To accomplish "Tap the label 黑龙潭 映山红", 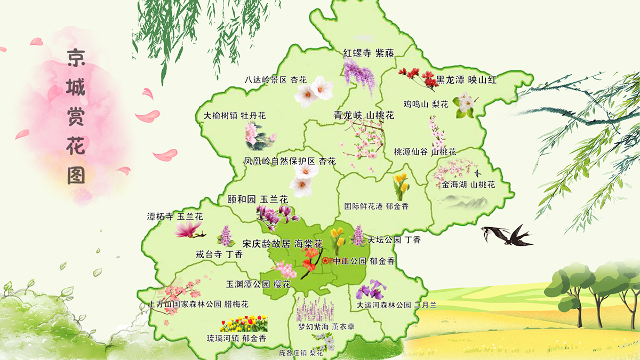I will pos(467,80).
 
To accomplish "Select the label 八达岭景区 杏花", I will pos(276,80).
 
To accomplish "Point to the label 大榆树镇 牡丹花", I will pos(235,115).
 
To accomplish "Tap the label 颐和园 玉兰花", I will pos(258,199).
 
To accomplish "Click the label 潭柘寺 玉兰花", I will pos(175,217).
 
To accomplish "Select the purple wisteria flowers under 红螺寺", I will pos(359,75).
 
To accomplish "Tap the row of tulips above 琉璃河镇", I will pos(244,323).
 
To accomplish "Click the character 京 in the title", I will pos(76,58).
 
